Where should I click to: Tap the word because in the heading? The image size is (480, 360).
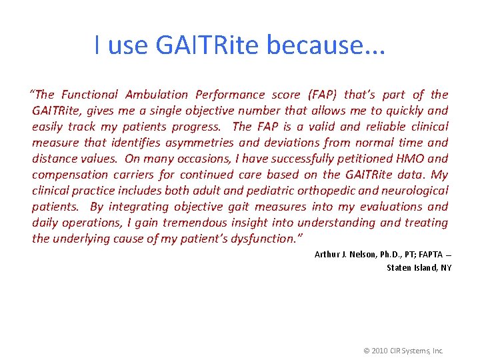click(x=325, y=45)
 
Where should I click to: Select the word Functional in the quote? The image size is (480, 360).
click(x=89, y=95)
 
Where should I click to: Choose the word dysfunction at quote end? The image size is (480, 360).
click(x=256, y=239)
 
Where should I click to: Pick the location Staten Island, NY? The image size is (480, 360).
click(x=419, y=267)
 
